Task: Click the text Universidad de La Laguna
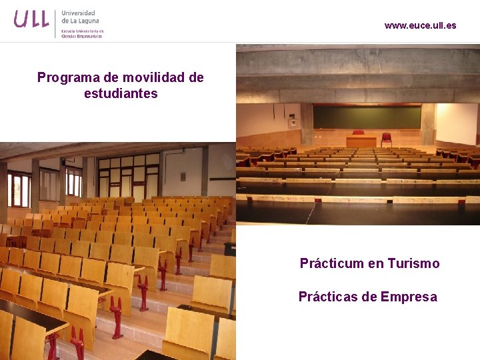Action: click(79, 17)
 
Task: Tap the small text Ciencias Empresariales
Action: click(82, 36)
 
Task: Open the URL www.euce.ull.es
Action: click(420, 25)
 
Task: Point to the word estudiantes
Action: click(121, 93)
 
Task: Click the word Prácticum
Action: click(331, 263)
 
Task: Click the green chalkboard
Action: click(367, 117)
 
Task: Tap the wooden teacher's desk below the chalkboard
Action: click(361, 141)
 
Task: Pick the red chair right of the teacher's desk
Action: click(387, 139)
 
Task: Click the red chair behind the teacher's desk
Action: click(359, 133)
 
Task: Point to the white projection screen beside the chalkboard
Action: click(457, 123)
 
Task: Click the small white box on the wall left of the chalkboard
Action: click(292, 123)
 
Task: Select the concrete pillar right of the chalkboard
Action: click(428, 124)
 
